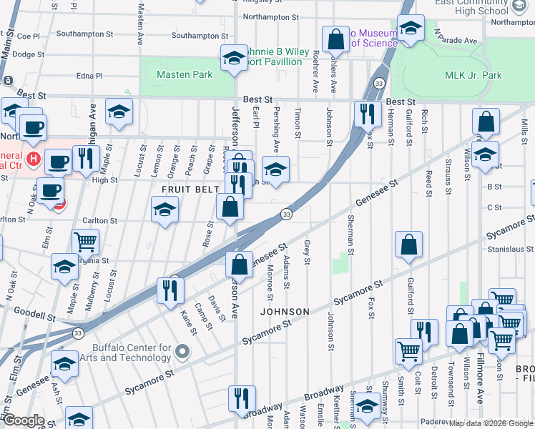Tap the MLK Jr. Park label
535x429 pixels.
[x=473, y=75]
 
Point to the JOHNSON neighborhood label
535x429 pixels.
[x=285, y=312]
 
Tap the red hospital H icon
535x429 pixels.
[x=32, y=157]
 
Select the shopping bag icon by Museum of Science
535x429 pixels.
[x=335, y=39]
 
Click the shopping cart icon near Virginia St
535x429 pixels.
[x=85, y=243]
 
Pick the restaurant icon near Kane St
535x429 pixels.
[x=172, y=289]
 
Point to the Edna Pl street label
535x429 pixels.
[x=89, y=75]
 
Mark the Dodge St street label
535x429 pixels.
[x=29, y=54]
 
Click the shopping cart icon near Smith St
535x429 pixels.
[x=408, y=351]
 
